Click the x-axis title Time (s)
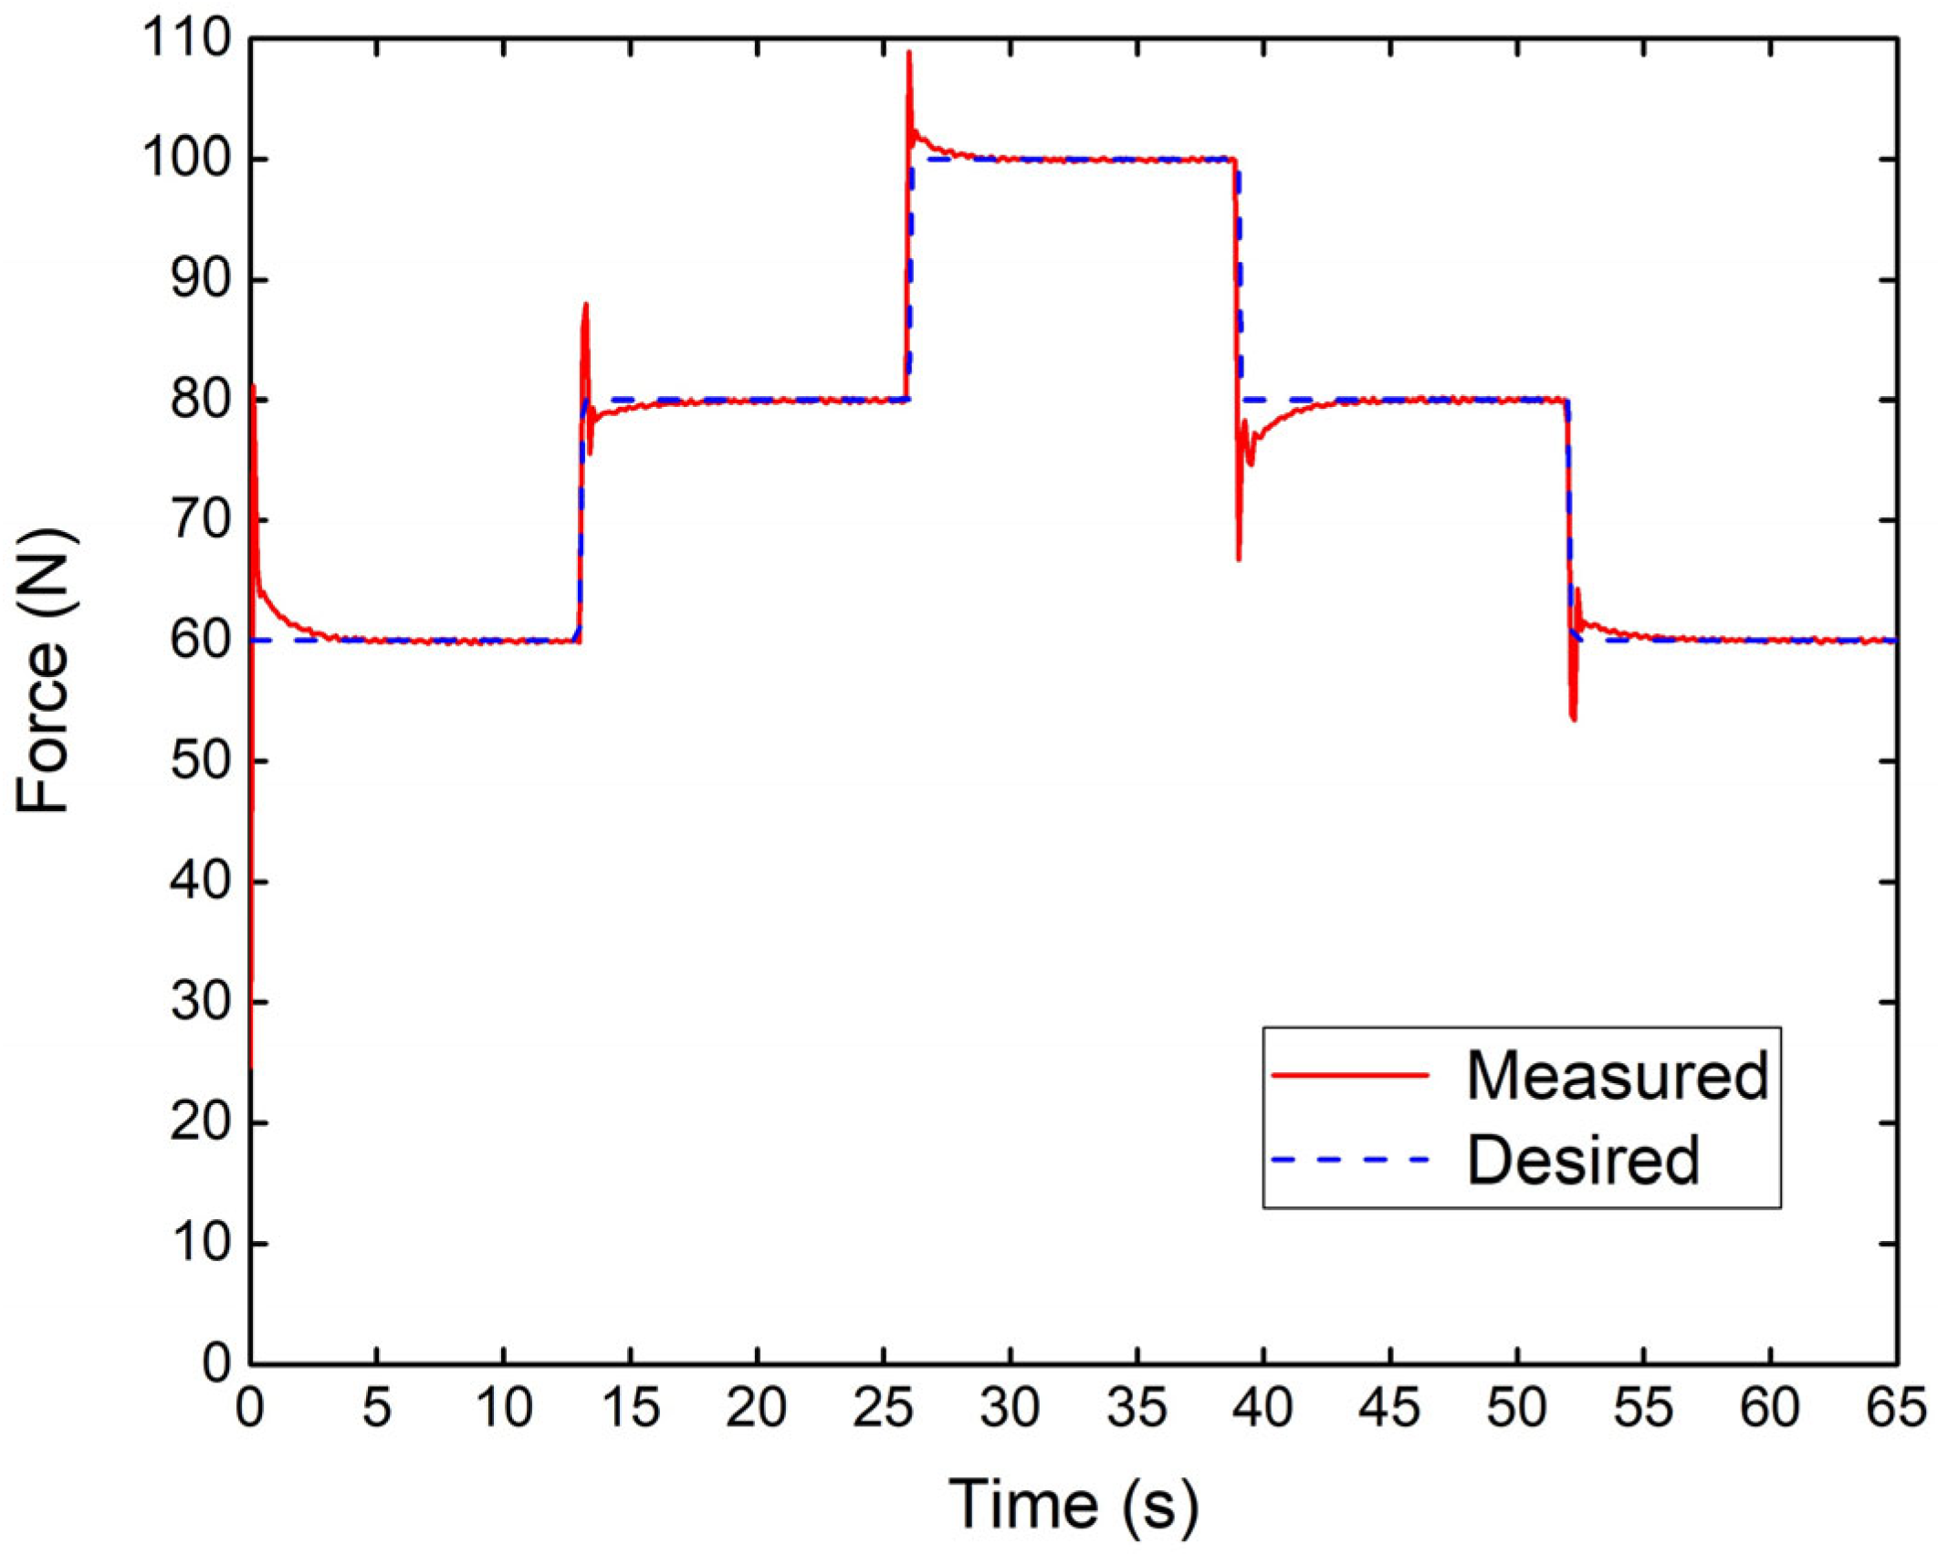tap(1074, 1503)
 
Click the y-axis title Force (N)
tap(44, 670)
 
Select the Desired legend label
tap(1583, 1160)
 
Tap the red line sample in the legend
tap(1350, 1075)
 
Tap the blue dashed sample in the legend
tap(1350, 1160)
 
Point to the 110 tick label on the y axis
tap(187, 39)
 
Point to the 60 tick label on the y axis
tap(200, 641)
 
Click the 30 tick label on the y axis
tap(200, 1002)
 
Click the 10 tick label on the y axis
tap(200, 1243)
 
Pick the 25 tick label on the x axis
tap(883, 1408)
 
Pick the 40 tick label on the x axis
tap(1262, 1408)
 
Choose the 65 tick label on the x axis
tap(1895, 1408)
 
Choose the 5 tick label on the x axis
tap(376, 1408)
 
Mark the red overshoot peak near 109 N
tap(909, 53)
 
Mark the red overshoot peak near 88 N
tap(585, 305)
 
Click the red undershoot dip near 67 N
tap(1239, 558)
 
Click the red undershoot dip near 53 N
tap(1574, 720)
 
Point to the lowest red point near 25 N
tap(251, 1066)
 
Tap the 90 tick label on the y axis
tap(200, 280)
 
